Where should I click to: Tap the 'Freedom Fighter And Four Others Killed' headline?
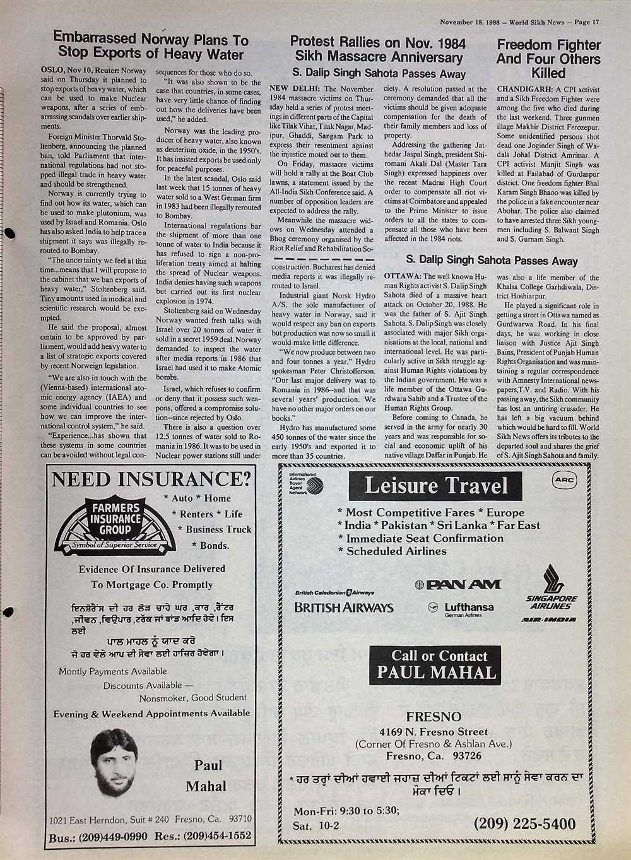pos(548,59)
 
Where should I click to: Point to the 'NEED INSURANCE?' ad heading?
pos(151,479)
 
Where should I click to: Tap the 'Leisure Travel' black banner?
pos(435,486)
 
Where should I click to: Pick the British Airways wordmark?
pos(343,608)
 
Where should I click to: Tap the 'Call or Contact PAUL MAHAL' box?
pos(436,664)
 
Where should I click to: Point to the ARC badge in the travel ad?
pos(565,480)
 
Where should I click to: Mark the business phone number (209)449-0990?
pos(97,836)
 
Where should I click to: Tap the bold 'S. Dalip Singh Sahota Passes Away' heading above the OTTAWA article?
pos(492,261)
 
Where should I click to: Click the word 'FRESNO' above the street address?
pos(433,717)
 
